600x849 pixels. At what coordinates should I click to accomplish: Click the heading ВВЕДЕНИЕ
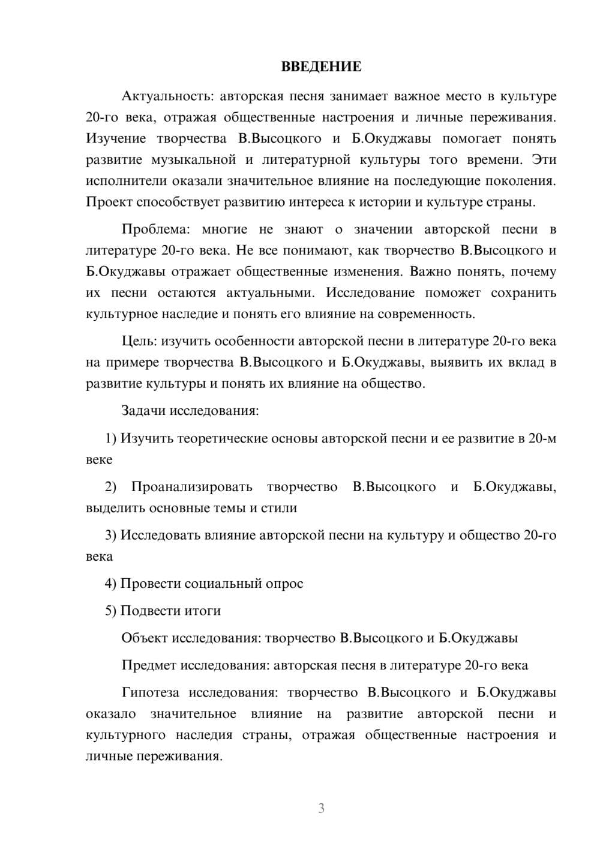click(321, 67)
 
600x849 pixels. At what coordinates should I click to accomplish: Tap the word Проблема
click(156, 229)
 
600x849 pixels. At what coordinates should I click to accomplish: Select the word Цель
click(139, 341)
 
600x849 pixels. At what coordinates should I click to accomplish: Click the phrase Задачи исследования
click(190, 411)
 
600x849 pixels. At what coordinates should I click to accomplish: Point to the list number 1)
click(111, 438)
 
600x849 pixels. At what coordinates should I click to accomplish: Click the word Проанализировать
click(191, 487)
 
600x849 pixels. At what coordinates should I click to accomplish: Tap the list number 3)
click(111, 535)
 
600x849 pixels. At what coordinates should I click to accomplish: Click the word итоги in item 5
click(203, 611)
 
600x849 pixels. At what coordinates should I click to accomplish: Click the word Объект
click(145, 638)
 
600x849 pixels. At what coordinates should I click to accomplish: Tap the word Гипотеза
click(150, 692)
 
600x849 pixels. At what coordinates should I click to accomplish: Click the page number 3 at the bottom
click(321, 808)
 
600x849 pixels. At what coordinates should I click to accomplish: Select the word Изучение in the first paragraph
click(116, 139)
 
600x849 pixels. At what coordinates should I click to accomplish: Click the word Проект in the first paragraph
click(109, 202)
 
